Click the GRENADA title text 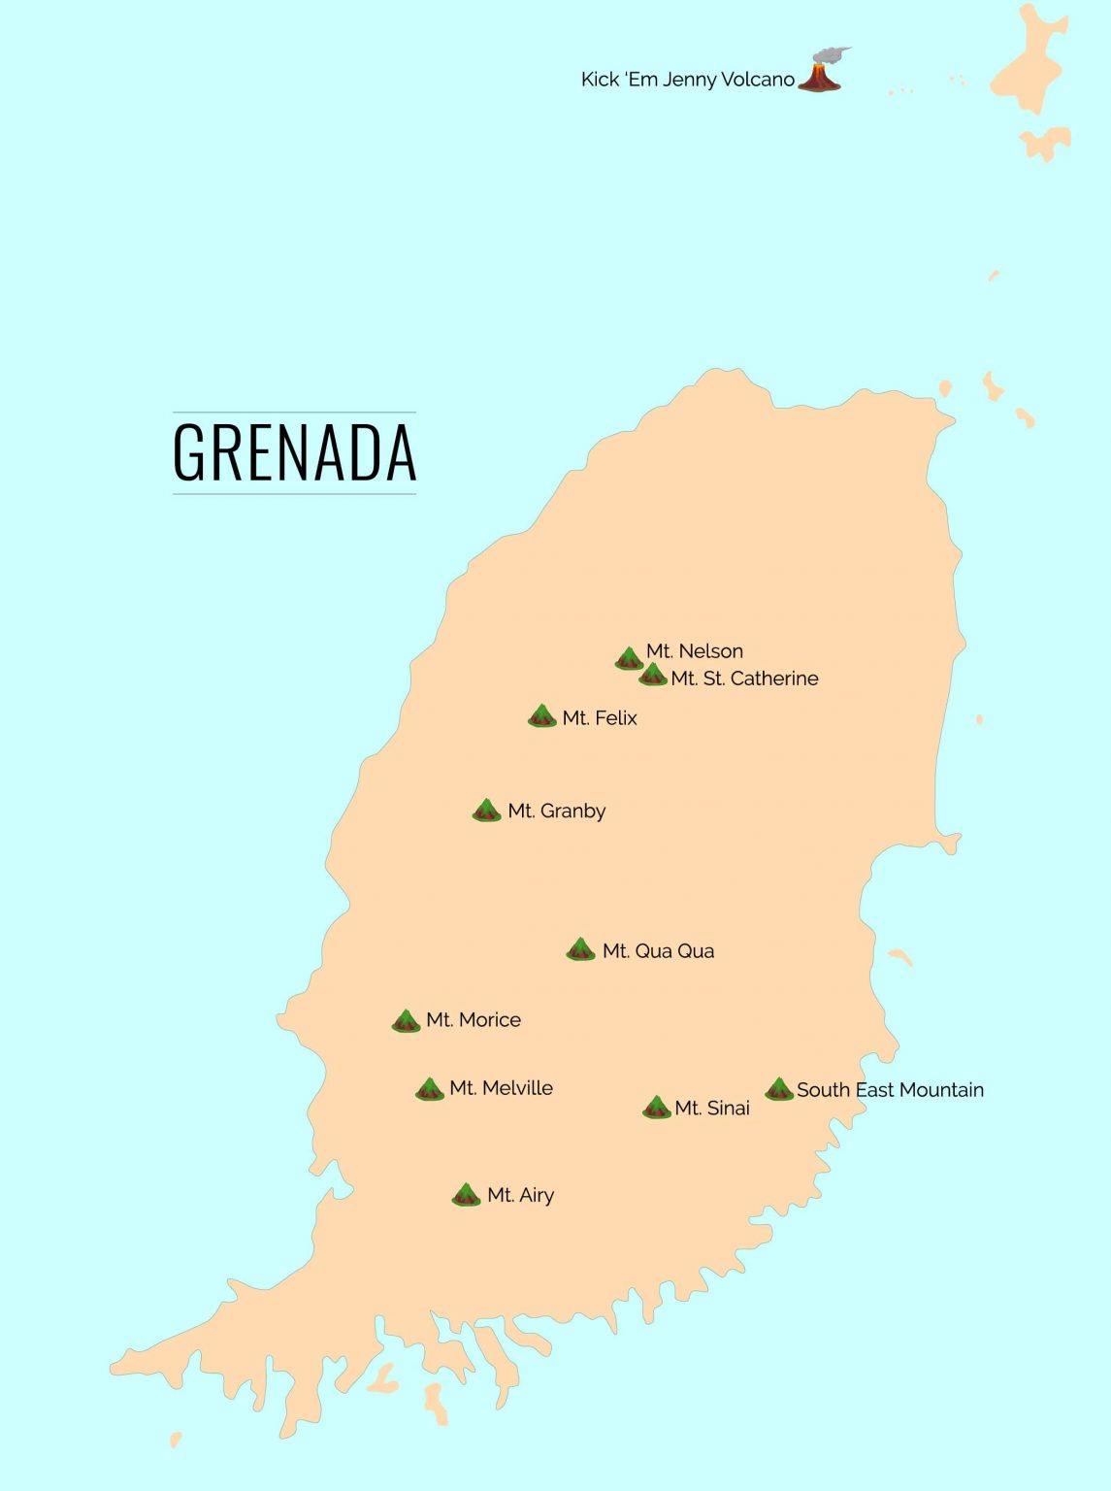click(294, 452)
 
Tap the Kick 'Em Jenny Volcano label click(687, 80)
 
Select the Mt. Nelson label click(695, 651)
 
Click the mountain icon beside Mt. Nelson click(629, 659)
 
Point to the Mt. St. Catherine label click(744, 679)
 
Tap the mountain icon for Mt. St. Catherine click(653, 675)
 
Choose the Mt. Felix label click(600, 718)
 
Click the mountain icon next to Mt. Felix click(541, 716)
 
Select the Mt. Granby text click(556, 811)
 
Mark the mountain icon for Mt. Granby click(486, 811)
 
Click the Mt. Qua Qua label click(658, 951)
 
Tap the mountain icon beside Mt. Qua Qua click(580, 949)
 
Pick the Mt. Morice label click(474, 1020)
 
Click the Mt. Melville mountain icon click(429, 1089)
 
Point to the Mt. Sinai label click(712, 1109)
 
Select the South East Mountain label click(890, 1090)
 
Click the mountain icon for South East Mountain click(778, 1089)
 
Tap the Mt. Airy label click(520, 1196)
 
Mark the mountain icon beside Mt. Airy click(466, 1195)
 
